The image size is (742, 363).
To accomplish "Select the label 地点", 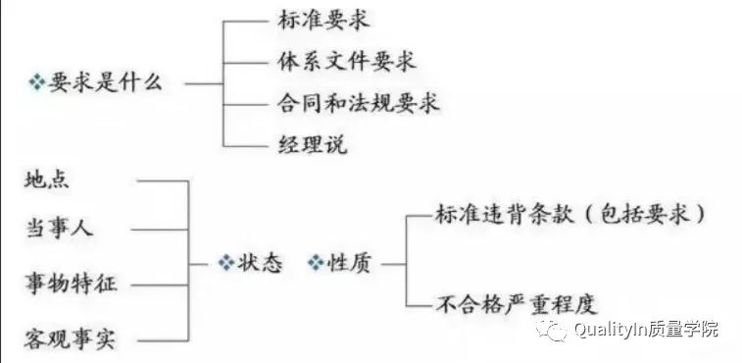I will [46, 181].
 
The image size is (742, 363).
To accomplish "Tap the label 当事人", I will [58, 229].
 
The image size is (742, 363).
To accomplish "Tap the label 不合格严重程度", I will [516, 303].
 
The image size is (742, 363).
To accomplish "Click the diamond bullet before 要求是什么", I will [38, 83].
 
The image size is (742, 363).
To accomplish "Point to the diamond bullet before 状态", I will [224, 263].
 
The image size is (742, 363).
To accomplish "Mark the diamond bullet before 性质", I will [316, 263].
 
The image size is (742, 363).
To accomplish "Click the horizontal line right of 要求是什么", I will [204, 83].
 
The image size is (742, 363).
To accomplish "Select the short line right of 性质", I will [390, 263].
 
